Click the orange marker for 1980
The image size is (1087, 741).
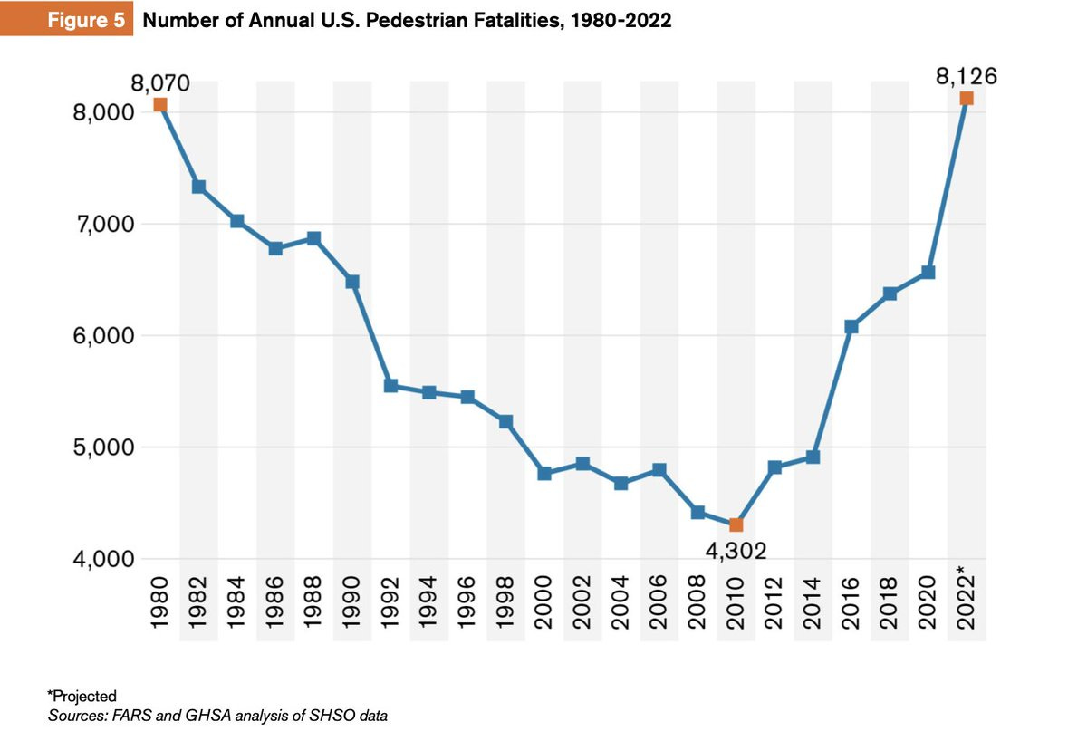pos(160,105)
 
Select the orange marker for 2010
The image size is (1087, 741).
pos(736,524)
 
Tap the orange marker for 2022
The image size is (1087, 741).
pos(966,98)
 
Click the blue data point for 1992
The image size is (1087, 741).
pos(390,385)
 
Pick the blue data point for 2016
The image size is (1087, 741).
pos(851,326)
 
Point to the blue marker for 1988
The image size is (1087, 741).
pos(313,238)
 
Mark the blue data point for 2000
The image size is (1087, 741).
pos(544,473)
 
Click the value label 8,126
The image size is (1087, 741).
pos(966,77)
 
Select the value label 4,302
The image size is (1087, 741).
pos(736,550)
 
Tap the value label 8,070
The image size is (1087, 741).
pos(160,84)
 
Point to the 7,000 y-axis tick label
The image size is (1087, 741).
pos(101,224)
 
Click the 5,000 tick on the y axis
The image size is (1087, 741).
pos(101,447)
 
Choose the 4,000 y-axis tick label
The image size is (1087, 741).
pos(101,559)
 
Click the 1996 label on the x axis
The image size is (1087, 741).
pos(467,601)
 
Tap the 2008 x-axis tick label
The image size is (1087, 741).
pos(697,601)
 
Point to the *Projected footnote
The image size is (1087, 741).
pos(82,696)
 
